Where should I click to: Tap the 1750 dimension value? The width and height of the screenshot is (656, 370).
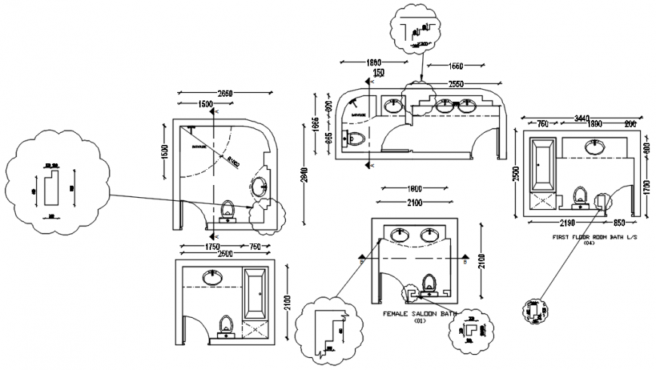coord(210,246)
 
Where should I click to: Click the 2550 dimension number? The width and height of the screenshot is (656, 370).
coord(455,84)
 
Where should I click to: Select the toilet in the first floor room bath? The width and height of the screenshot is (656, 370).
coord(581,196)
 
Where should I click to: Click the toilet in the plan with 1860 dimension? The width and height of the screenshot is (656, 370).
coord(355,138)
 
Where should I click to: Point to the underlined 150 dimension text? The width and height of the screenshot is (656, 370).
coord(379,72)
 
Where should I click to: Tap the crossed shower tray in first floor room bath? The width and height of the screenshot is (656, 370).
coord(543,201)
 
